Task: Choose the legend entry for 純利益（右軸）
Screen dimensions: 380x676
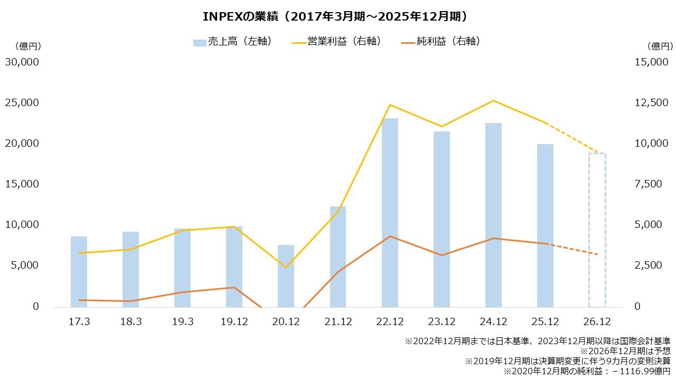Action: pos(441,42)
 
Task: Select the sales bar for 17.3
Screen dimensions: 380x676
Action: pos(79,271)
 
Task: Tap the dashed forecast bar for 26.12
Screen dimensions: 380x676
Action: pos(597,230)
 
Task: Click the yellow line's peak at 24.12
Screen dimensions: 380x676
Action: pos(493,100)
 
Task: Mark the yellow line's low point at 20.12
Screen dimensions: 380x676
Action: pos(286,267)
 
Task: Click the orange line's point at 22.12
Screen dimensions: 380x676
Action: pos(390,236)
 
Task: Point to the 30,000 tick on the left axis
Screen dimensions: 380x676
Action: pos(22,62)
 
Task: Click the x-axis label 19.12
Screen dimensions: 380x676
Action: pos(234,321)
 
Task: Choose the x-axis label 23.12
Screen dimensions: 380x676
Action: pos(442,321)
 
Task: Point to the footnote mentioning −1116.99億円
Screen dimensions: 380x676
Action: pos(587,372)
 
